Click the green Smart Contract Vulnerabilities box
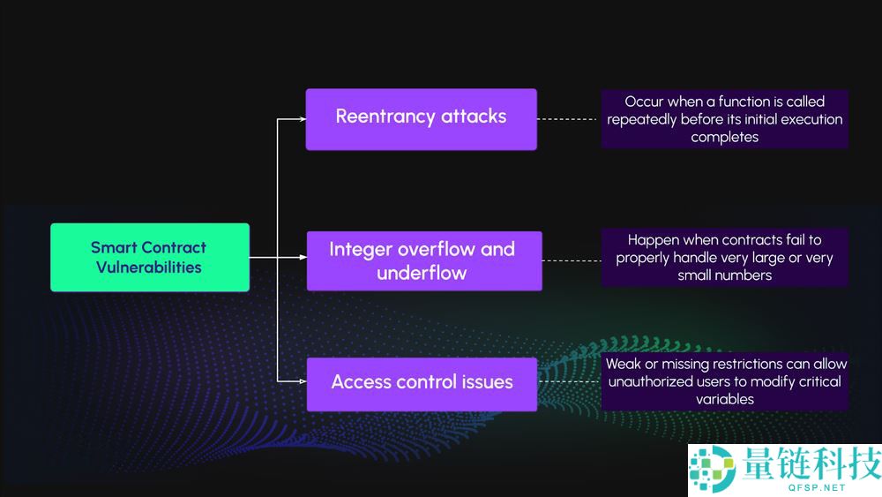pyautogui.click(x=150, y=257)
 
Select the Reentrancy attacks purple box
pyautogui.click(x=421, y=118)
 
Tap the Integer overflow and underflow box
pyautogui.click(x=423, y=260)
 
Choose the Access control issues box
pyautogui.click(x=422, y=383)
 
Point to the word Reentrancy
pyautogui.click(x=385, y=117)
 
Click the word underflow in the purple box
pyautogui.click(x=422, y=273)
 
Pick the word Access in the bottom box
pyautogui.click(x=358, y=382)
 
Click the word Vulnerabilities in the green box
pyautogui.click(x=149, y=267)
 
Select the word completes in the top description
pyautogui.click(x=724, y=137)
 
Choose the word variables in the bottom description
pyautogui.click(x=724, y=399)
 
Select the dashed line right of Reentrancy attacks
pyautogui.click(x=569, y=118)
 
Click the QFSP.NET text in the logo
pyautogui.click(x=809, y=486)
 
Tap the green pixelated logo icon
pyautogui.click(x=713, y=468)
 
